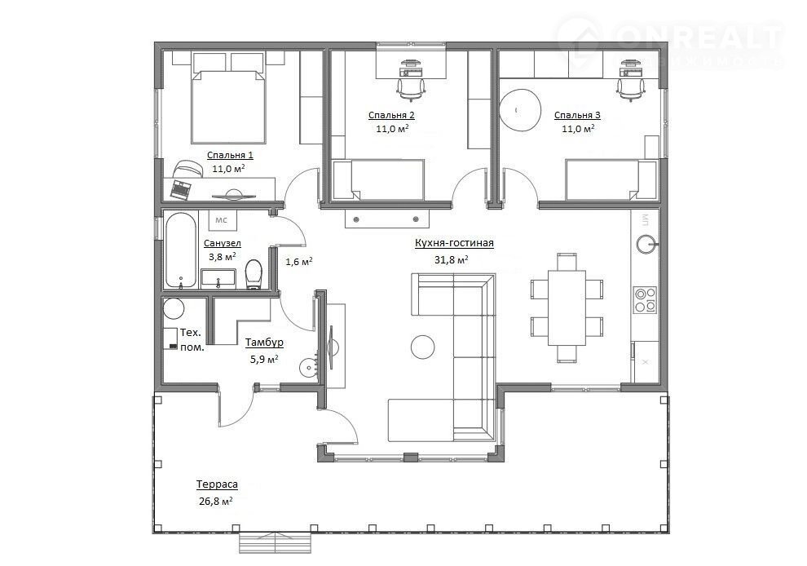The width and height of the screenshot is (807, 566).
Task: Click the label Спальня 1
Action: coord(230,154)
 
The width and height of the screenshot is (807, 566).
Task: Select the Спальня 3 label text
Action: coord(577,115)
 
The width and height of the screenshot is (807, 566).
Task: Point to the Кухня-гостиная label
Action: coord(454,243)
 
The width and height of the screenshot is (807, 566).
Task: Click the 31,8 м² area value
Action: coord(451,260)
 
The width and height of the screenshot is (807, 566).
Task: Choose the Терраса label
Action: coord(216,484)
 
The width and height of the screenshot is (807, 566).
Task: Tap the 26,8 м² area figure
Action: coord(215,502)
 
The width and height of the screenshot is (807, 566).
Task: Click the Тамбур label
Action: coord(264,343)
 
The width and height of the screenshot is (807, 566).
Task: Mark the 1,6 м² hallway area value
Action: coord(299,262)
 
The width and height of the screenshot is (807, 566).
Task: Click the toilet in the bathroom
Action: coord(254,274)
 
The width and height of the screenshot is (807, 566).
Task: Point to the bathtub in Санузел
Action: coord(179,250)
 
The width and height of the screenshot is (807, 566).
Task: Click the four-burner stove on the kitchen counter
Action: coord(646,299)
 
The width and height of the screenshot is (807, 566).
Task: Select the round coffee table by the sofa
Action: coord(423,347)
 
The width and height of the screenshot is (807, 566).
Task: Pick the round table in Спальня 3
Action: coord(521,108)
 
